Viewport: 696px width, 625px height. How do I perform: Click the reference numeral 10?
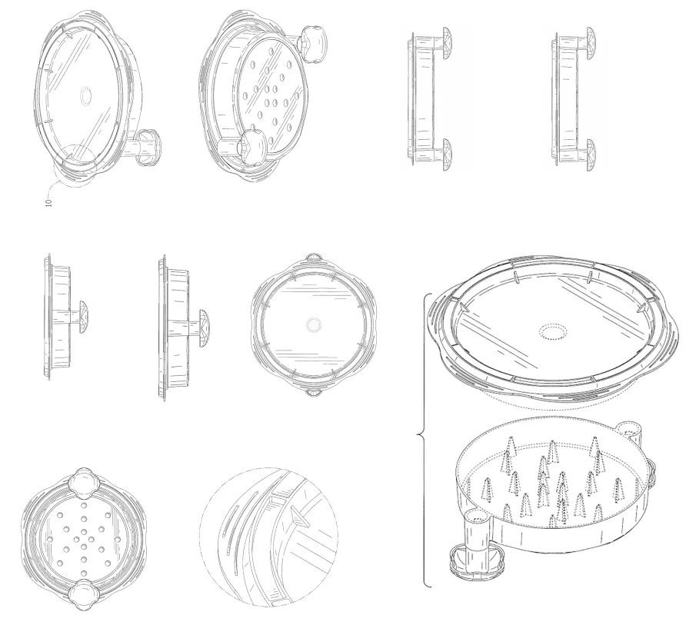tap(48, 202)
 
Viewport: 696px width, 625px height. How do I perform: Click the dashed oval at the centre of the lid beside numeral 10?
tap(85, 95)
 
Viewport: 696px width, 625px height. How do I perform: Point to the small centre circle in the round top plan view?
tap(313, 325)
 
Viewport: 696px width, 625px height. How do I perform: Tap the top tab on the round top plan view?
tap(313, 258)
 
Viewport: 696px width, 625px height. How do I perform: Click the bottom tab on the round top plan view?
tap(313, 393)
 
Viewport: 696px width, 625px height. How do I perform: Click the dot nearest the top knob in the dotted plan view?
tap(84, 505)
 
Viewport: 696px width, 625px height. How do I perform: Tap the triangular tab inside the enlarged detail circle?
tap(300, 517)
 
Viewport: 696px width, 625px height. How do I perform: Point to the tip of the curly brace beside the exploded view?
tap(418, 434)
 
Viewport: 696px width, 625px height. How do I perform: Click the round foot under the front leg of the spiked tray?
tap(477, 564)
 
